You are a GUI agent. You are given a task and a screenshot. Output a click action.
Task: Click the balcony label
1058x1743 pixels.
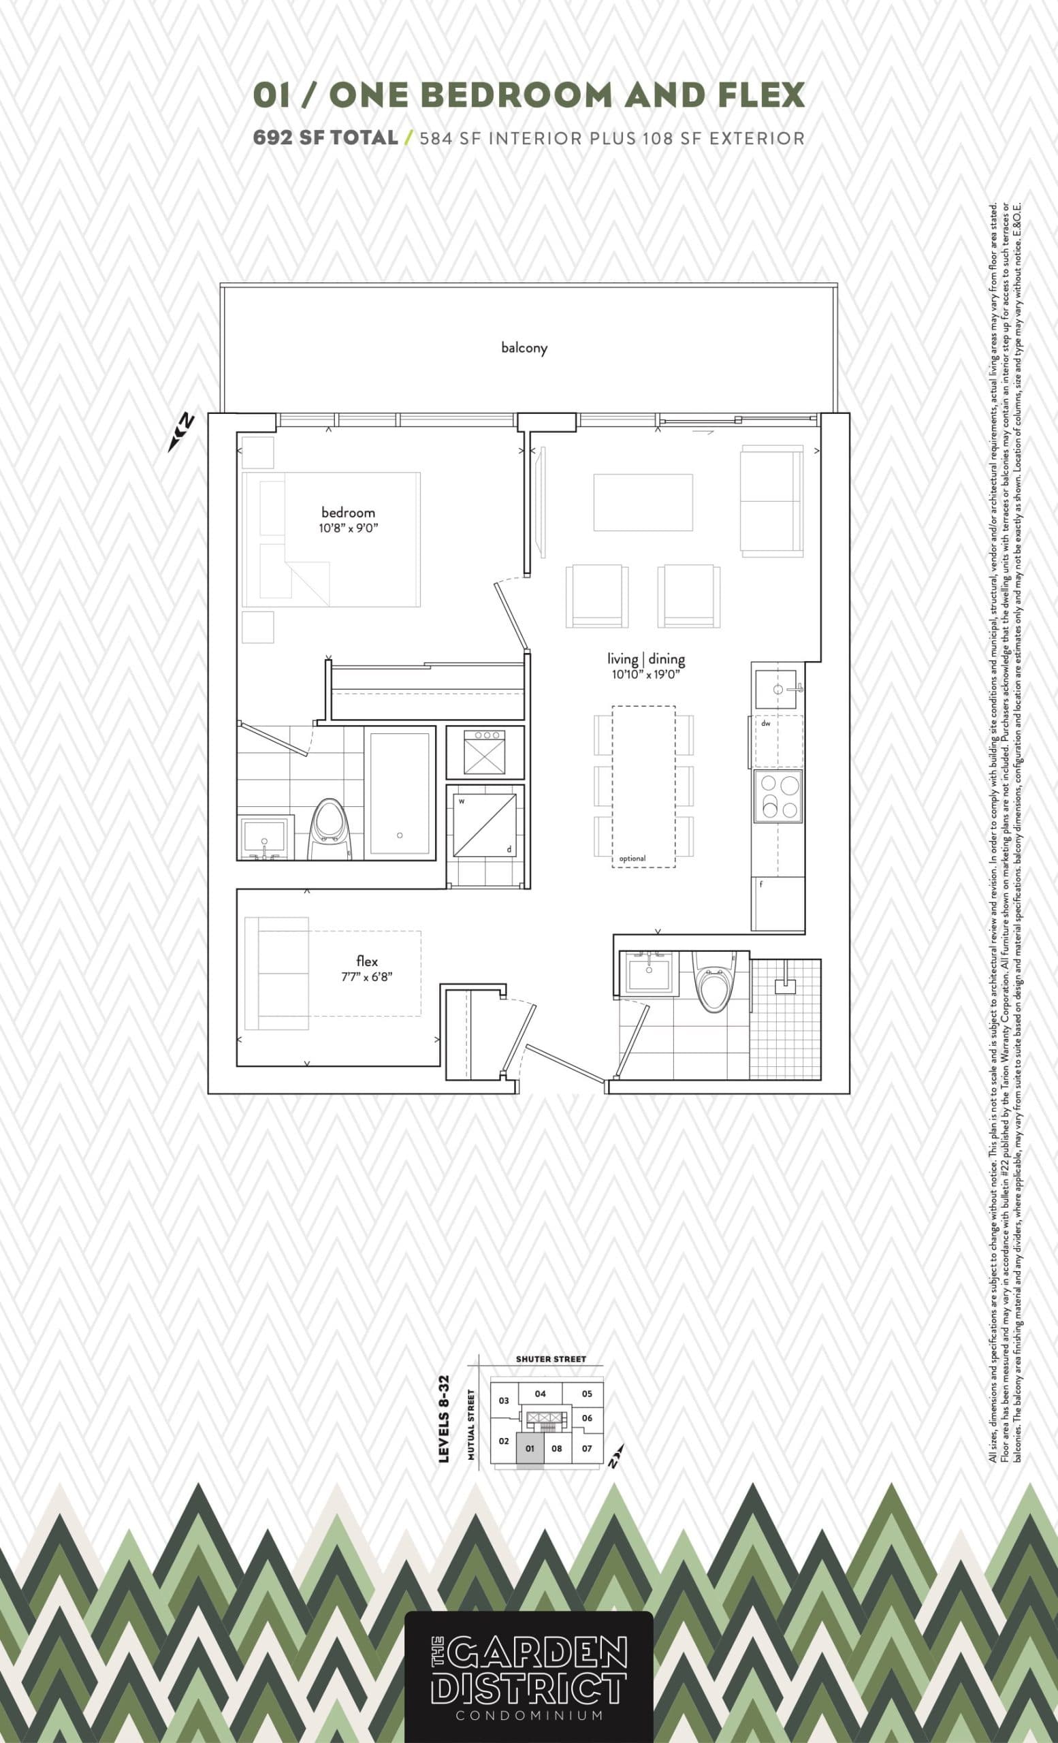[x=524, y=347]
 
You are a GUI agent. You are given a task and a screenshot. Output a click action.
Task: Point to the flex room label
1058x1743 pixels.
[x=367, y=961]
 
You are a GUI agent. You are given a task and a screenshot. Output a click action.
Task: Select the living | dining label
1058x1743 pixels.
[x=646, y=659]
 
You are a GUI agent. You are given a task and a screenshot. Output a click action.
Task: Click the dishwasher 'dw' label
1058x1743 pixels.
[x=765, y=724]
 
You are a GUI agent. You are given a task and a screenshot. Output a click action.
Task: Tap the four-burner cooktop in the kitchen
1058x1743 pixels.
[x=778, y=796]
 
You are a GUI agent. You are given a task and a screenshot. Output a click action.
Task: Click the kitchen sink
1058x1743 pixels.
[x=777, y=688]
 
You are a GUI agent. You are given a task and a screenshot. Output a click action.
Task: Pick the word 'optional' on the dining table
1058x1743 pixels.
[x=632, y=859]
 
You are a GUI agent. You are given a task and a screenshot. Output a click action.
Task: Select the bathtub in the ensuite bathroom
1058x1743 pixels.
[x=400, y=794]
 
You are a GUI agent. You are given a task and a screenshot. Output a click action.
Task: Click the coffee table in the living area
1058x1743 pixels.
[x=643, y=502]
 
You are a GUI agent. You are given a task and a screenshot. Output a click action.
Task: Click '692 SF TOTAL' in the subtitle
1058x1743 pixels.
[x=325, y=138]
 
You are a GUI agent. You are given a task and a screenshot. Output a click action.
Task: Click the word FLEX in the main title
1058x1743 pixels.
[x=760, y=95]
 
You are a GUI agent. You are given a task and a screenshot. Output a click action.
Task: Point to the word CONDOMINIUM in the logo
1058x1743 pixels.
[x=529, y=1710]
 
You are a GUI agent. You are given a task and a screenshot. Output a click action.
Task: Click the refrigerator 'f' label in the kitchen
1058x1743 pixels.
[x=761, y=884]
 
